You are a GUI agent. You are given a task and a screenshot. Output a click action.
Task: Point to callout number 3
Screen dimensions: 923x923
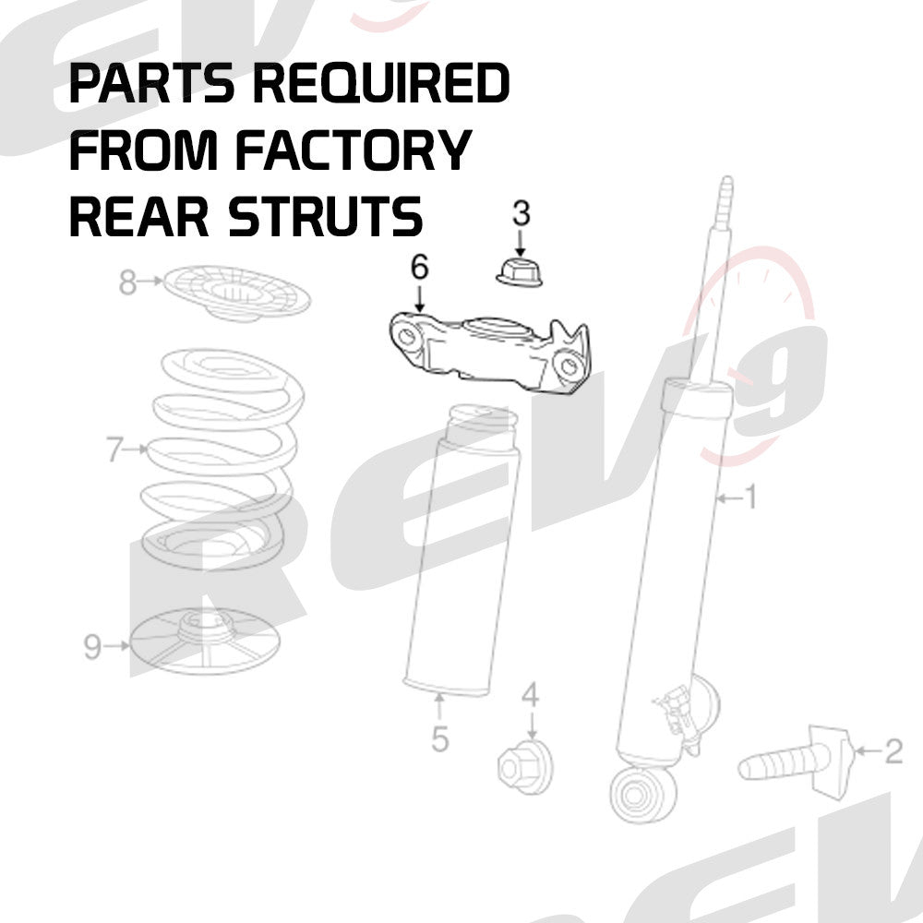point(521,214)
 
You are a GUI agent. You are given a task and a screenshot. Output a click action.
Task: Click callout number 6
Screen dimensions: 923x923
point(420,269)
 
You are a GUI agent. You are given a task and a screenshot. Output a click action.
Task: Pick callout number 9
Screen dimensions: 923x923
point(92,647)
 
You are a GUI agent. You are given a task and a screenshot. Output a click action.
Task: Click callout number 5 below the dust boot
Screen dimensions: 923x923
point(439,738)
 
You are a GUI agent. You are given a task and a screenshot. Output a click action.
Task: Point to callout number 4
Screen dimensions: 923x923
point(530,694)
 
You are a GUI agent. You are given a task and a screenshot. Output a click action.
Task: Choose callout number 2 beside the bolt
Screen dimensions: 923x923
point(893,752)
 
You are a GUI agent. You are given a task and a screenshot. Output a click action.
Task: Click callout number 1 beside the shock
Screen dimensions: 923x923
point(749,498)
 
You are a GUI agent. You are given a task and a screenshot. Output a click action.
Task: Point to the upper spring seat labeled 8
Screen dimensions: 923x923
point(235,294)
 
